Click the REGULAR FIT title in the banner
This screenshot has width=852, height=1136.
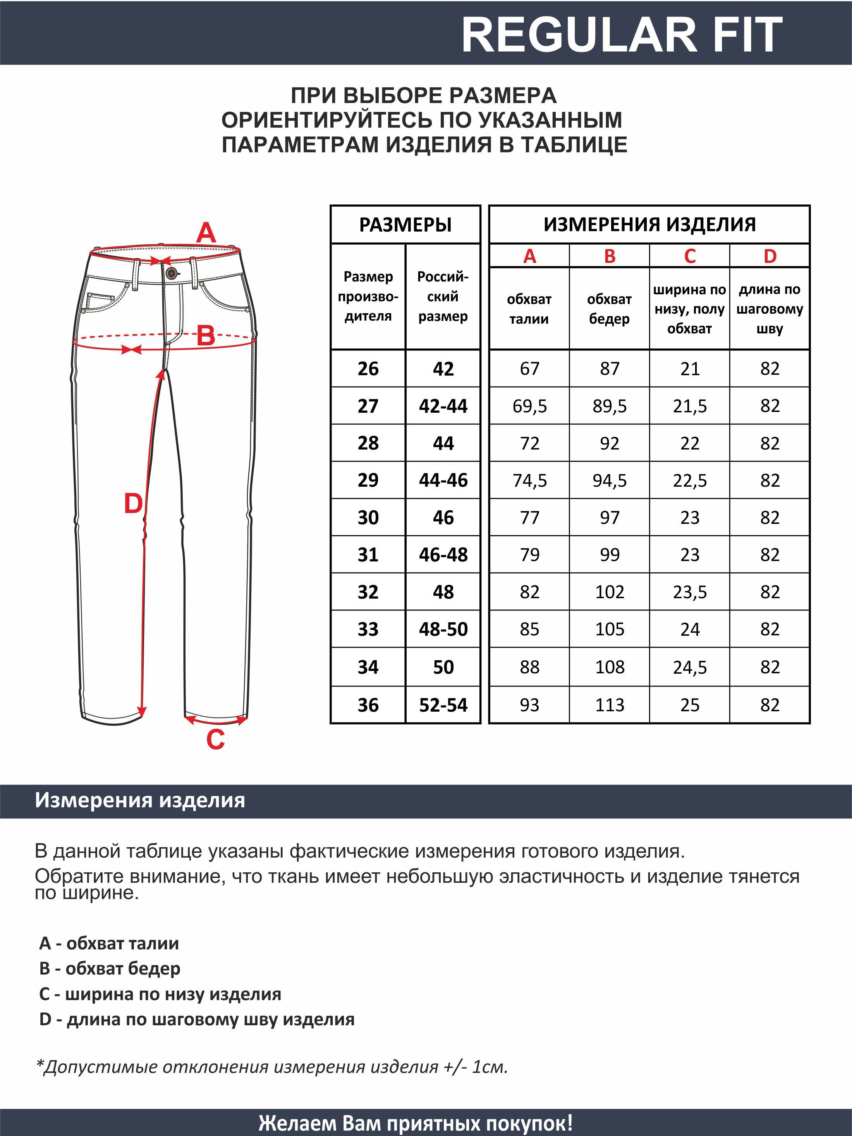622,35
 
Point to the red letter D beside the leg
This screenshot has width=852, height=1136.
133,503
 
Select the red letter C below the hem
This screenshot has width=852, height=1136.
215,740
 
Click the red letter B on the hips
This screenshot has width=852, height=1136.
205,336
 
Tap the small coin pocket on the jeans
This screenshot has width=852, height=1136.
101,302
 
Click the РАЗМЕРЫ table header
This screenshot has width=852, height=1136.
405,225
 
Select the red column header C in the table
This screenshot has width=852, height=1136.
689,256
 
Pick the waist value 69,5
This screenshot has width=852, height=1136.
529,406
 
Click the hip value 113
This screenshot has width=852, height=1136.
610,705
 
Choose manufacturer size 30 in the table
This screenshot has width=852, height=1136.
368,517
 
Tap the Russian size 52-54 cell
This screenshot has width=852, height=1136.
443,705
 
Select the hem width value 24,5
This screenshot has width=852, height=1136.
689,667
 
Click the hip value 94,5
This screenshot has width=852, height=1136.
610,480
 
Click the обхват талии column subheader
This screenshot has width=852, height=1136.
529,309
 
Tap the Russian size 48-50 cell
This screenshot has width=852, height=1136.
443,629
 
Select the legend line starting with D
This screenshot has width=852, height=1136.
197,1019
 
